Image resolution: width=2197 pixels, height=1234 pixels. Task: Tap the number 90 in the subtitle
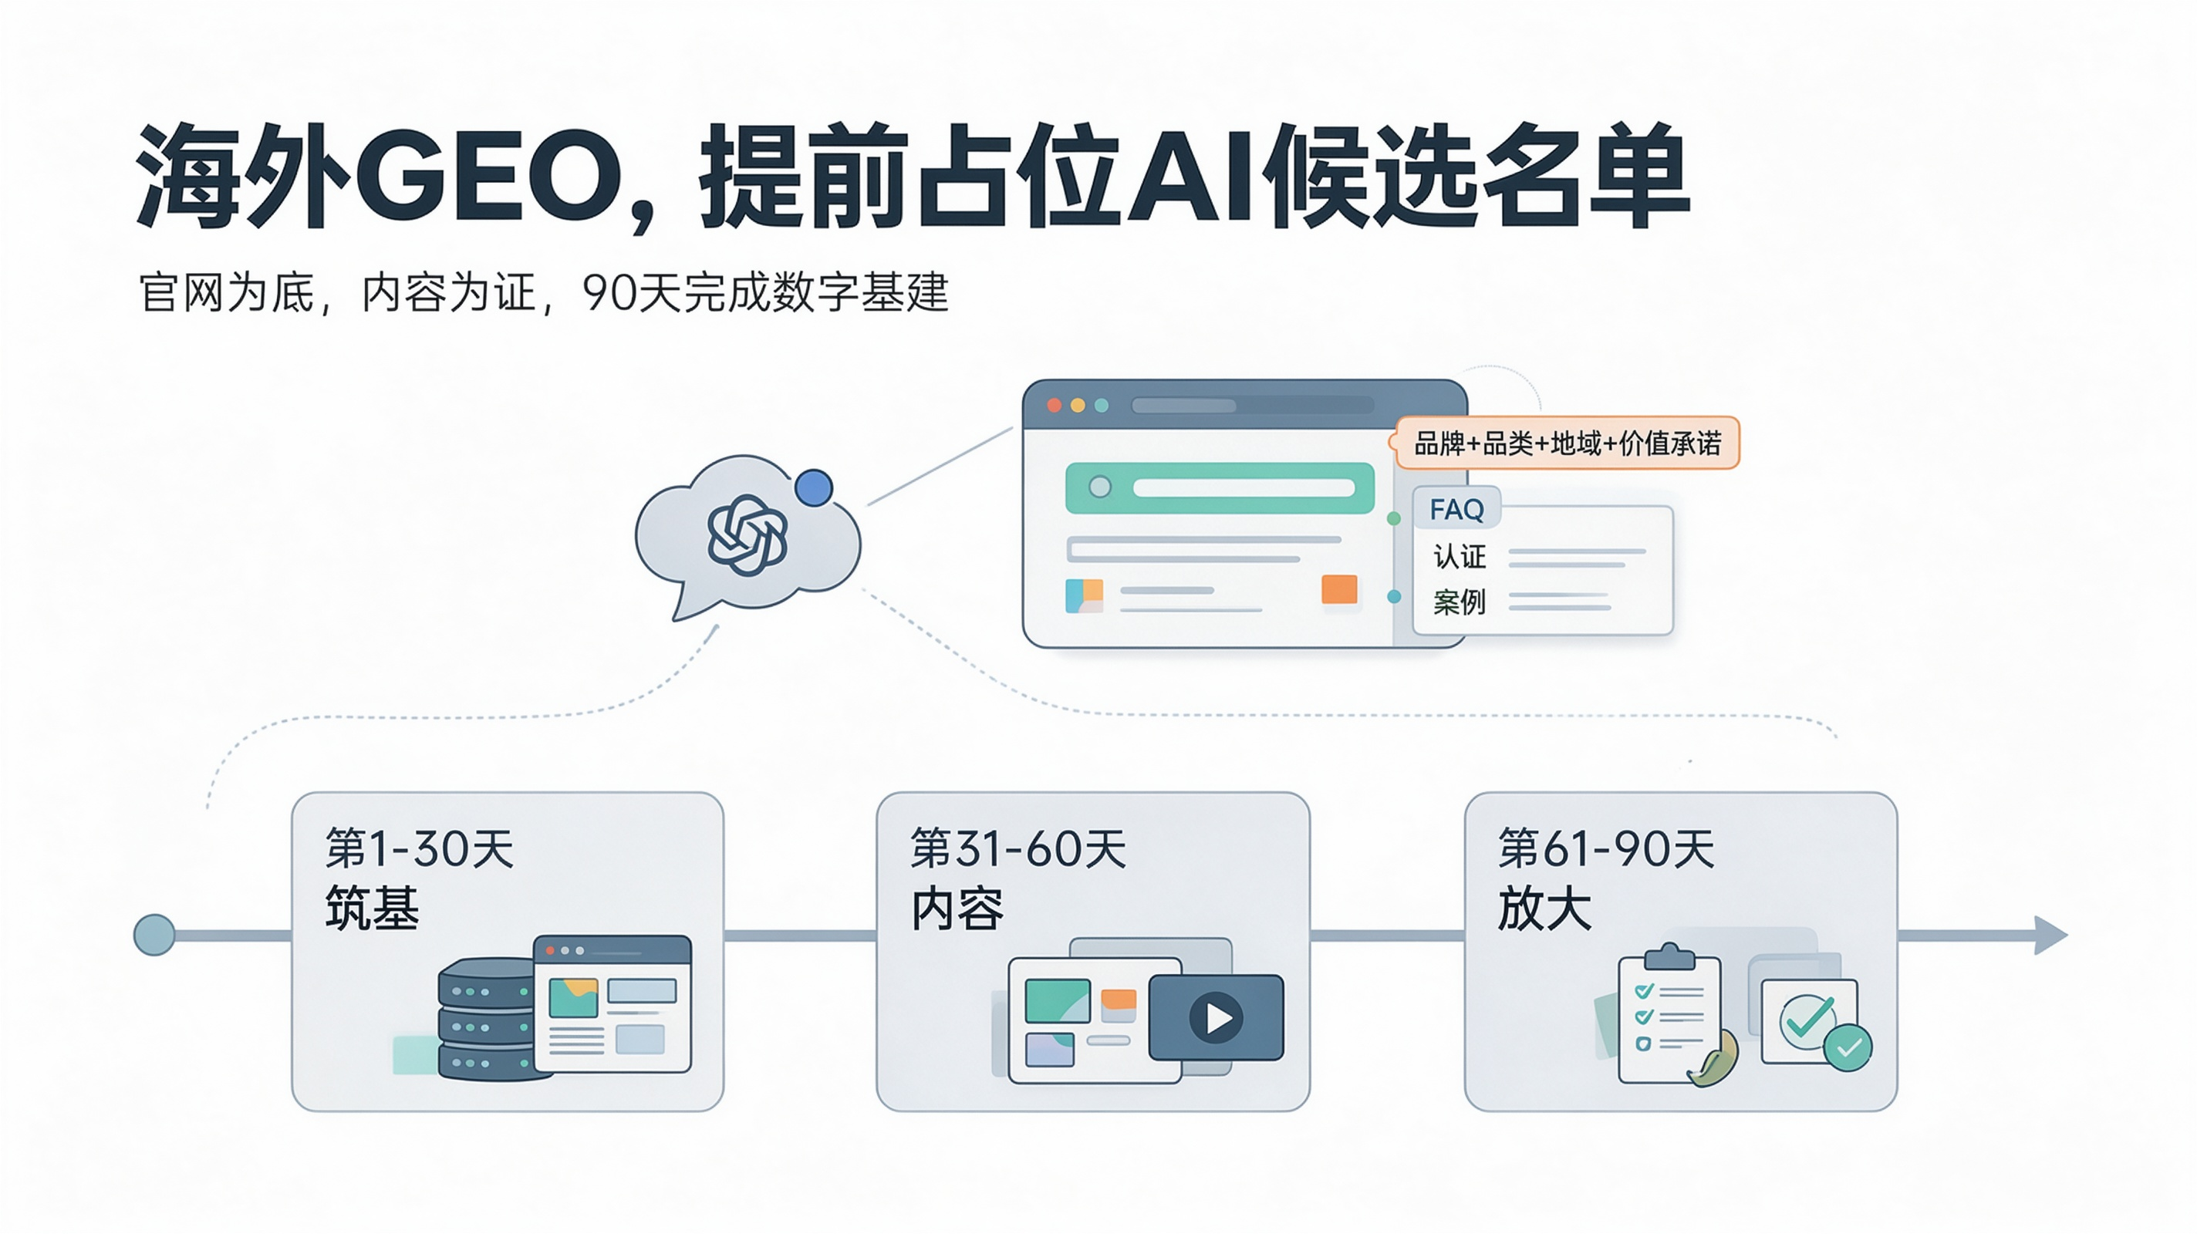(609, 292)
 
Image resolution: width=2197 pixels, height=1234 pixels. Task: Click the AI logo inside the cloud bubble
(747, 534)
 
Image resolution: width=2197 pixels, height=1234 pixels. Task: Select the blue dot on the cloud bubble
(814, 487)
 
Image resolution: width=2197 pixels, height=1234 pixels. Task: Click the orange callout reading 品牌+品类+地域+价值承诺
(1567, 443)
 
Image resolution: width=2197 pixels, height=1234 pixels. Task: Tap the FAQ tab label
(1456, 509)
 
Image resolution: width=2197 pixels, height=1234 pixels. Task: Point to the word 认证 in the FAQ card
(1460, 557)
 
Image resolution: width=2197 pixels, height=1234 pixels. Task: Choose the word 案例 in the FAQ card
(1460, 602)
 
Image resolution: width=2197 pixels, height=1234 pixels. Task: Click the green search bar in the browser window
(1220, 487)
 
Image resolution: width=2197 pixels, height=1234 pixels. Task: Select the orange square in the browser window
(1339, 589)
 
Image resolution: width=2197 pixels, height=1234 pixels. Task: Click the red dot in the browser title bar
(1055, 405)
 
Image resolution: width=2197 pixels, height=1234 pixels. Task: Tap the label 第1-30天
(420, 848)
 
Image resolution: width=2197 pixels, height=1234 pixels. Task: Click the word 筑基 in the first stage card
(372, 908)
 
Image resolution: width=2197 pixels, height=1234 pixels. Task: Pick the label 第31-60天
(1018, 848)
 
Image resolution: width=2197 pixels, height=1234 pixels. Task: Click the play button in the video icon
(1217, 1017)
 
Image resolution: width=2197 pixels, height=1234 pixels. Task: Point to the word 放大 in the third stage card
(1544, 908)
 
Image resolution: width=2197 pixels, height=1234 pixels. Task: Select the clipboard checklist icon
(1670, 1015)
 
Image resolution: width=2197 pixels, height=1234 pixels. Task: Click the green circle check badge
(1848, 1047)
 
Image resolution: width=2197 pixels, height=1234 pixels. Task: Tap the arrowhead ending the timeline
(2050, 936)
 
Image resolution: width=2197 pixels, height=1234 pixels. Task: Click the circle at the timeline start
(154, 935)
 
